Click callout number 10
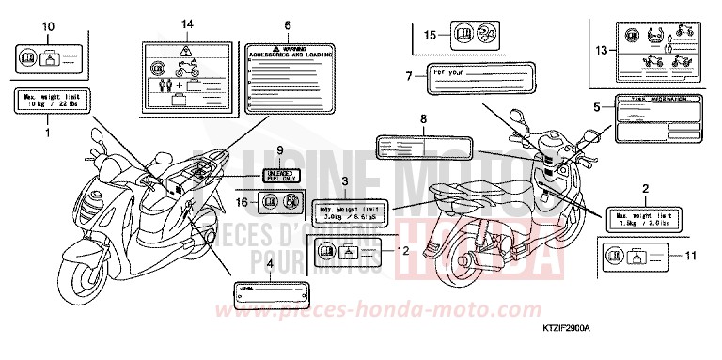coord(49,25)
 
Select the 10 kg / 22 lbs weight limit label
coord(48,102)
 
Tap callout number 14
coord(188,22)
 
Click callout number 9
coord(279,150)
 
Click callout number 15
coord(429,35)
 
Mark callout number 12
coord(402,251)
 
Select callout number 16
coord(241,201)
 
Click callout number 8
coord(423,119)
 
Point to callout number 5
coord(596,107)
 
